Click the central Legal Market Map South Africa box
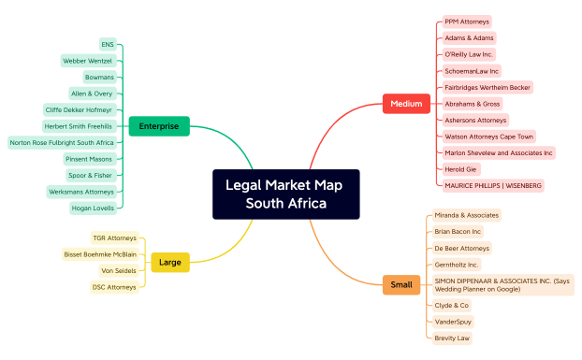point(285,194)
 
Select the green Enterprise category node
point(159,126)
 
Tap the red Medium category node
point(406,103)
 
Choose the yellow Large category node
point(170,263)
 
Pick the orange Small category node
point(400,285)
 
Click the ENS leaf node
point(108,44)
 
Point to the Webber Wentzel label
point(87,61)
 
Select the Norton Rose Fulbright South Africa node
point(62,142)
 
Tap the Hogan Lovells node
point(93,208)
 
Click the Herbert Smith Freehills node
point(79,126)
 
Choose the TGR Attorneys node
point(114,238)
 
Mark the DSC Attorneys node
point(114,287)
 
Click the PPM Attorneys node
point(466,22)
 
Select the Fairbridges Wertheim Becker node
point(487,87)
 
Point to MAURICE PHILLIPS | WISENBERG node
point(492,185)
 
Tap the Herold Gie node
point(459,168)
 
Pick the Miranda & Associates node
point(466,215)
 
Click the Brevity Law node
point(452,338)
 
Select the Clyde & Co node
point(452,305)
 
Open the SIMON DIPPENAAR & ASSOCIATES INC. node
point(502,284)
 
